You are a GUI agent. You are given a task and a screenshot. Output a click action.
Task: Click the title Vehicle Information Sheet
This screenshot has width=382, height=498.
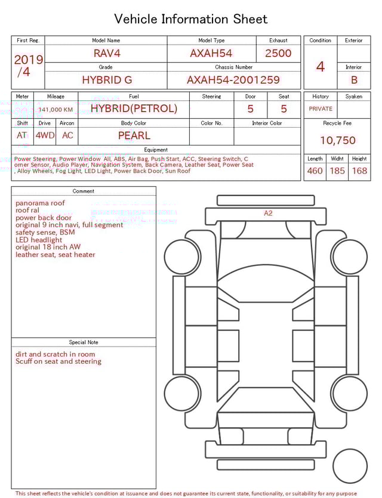click(x=191, y=19)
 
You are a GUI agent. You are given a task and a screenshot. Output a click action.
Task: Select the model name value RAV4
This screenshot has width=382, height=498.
click(x=107, y=53)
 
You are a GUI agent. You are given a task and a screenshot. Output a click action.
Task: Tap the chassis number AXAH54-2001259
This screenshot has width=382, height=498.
click(x=233, y=79)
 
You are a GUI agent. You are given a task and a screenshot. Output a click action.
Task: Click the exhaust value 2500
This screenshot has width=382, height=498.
click(x=278, y=53)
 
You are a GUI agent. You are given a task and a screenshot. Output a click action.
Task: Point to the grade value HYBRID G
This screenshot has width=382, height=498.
click(x=107, y=79)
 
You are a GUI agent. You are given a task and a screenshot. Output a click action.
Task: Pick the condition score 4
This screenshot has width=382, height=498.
click(x=321, y=66)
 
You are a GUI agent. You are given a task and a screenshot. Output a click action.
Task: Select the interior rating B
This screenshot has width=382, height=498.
click(x=354, y=79)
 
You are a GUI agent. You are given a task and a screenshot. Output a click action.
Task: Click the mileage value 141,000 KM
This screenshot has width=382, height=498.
click(x=56, y=110)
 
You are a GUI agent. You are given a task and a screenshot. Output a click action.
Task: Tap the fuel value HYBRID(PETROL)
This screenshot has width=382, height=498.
click(x=134, y=109)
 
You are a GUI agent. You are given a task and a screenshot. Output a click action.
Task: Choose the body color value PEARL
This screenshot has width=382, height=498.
click(x=134, y=135)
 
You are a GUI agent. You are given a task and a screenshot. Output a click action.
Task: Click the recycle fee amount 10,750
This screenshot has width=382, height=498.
click(x=338, y=141)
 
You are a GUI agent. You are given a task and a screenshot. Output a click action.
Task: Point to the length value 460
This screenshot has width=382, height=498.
click(x=315, y=171)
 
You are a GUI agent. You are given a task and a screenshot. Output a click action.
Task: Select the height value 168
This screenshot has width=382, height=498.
click(x=359, y=171)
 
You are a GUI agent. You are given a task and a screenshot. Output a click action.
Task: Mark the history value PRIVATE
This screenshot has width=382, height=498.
click(x=321, y=109)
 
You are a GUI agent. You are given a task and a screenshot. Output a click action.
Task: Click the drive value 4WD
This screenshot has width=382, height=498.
click(x=45, y=135)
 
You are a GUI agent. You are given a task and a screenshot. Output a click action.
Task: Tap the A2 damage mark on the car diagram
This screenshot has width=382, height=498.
click(x=268, y=213)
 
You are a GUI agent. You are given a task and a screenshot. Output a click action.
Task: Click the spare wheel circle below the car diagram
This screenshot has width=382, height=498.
click(x=350, y=466)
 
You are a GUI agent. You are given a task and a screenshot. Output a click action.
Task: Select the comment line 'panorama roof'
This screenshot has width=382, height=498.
click(x=40, y=203)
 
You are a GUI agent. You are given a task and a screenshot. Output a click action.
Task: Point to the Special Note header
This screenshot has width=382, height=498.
click(x=84, y=342)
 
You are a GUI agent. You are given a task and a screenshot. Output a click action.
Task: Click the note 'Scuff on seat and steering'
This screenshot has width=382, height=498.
click(x=58, y=361)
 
